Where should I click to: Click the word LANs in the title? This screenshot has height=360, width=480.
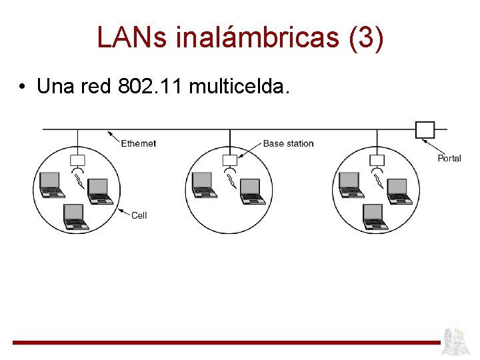click(133, 38)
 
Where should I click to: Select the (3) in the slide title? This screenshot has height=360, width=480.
click(366, 38)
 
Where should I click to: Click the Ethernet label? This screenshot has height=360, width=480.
click(139, 143)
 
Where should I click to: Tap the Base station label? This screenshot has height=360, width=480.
click(288, 143)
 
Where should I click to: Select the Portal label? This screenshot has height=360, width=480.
click(449, 158)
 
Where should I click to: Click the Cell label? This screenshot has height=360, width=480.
click(139, 215)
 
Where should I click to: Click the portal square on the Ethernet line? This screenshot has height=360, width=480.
click(425, 129)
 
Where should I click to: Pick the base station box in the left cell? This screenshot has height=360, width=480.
click(77, 160)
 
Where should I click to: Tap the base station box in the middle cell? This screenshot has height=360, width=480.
click(229, 160)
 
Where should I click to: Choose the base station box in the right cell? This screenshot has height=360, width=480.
click(377, 160)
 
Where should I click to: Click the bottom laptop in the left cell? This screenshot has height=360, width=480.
click(75, 217)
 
